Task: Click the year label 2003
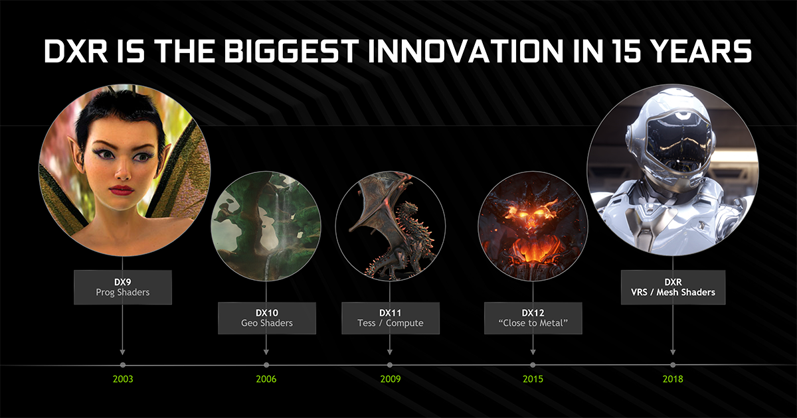tap(123, 379)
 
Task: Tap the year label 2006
tap(266, 379)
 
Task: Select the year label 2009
tap(391, 379)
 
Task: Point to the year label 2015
tap(533, 379)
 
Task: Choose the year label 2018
tap(673, 379)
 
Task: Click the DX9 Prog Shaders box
tap(123, 287)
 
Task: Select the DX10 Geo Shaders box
tap(267, 318)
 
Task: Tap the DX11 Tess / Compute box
tap(391, 318)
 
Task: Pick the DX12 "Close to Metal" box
tap(533, 318)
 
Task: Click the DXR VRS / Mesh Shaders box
tap(673, 287)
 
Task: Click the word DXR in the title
tap(76, 51)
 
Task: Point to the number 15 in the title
tap(626, 51)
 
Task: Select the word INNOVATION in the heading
tap(466, 51)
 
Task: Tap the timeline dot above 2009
tap(390, 365)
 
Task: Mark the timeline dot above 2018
tap(673, 365)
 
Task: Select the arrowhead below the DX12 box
tap(533, 352)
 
